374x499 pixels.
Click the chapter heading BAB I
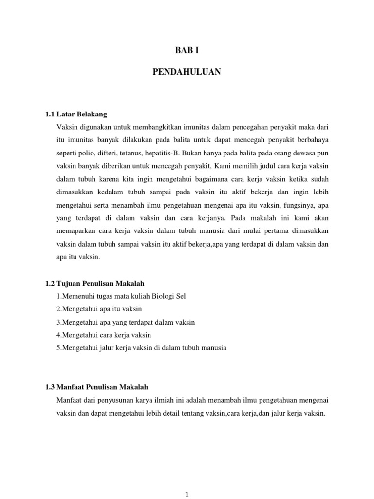click(187, 50)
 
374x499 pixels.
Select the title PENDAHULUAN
click(187, 72)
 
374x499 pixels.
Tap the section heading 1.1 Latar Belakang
click(75, 115)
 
